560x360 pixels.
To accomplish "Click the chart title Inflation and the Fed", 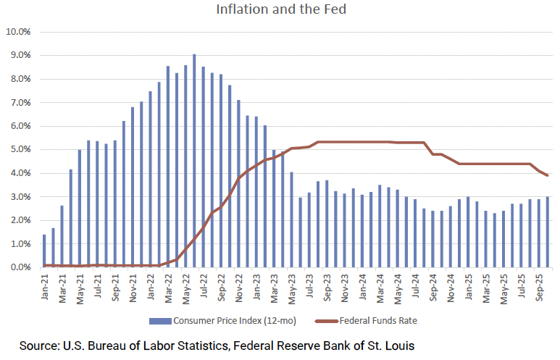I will point(279,11).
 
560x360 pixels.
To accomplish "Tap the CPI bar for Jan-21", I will point(44,251).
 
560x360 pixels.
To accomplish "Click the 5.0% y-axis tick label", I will point(20,150).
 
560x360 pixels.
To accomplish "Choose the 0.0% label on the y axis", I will point(20,268).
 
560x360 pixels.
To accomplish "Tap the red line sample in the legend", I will point(326,320).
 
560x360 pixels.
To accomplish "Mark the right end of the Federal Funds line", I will point(547,175).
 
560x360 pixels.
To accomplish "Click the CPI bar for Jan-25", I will point(468,232).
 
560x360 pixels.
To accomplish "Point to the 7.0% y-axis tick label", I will point(20,103).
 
